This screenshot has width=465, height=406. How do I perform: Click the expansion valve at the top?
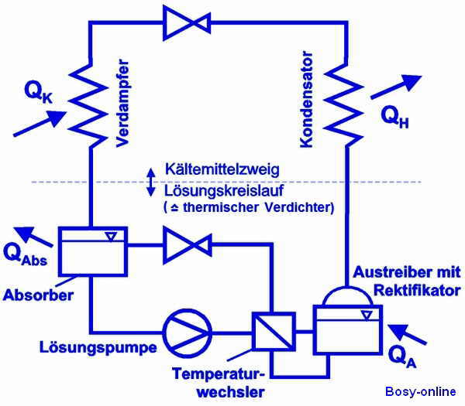click(187, 20)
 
